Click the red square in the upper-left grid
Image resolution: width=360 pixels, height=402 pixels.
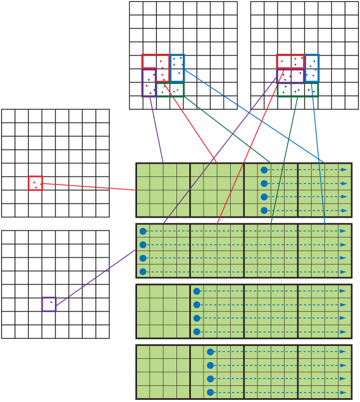click(36, 183)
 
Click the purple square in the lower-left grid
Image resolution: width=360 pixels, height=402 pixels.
click(49, 304)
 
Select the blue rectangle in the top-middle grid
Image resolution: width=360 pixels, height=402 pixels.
click(178, 68)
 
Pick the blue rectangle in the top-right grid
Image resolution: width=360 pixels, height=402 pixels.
click(312, 68)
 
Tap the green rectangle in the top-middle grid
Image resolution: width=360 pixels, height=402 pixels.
click(170, 90)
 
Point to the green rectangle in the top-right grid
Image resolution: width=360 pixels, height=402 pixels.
click(298, 90)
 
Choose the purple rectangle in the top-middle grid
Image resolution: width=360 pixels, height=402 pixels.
click(149, 83)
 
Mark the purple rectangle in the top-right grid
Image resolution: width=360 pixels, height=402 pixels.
click(290, 76)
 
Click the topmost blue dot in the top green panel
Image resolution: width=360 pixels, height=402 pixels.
click(264, 170)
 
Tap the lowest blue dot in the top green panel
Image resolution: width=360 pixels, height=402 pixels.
click(264, 211)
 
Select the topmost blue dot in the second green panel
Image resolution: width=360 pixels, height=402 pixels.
click(143, 231)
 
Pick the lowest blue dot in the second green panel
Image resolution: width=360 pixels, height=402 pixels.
click(143, 272)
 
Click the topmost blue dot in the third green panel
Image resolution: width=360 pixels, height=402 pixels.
click(196, 291)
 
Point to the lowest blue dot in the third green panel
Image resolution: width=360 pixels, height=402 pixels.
click(196, 332)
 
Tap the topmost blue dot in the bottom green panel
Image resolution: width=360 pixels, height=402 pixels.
click(210, 352)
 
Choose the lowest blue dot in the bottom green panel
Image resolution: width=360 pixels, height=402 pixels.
click(210, 392)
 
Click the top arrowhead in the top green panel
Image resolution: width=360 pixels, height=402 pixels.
click(344, 170)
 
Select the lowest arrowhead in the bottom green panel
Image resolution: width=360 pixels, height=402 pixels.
click(344, 392)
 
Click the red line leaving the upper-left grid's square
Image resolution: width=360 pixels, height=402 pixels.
click(89, 186)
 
